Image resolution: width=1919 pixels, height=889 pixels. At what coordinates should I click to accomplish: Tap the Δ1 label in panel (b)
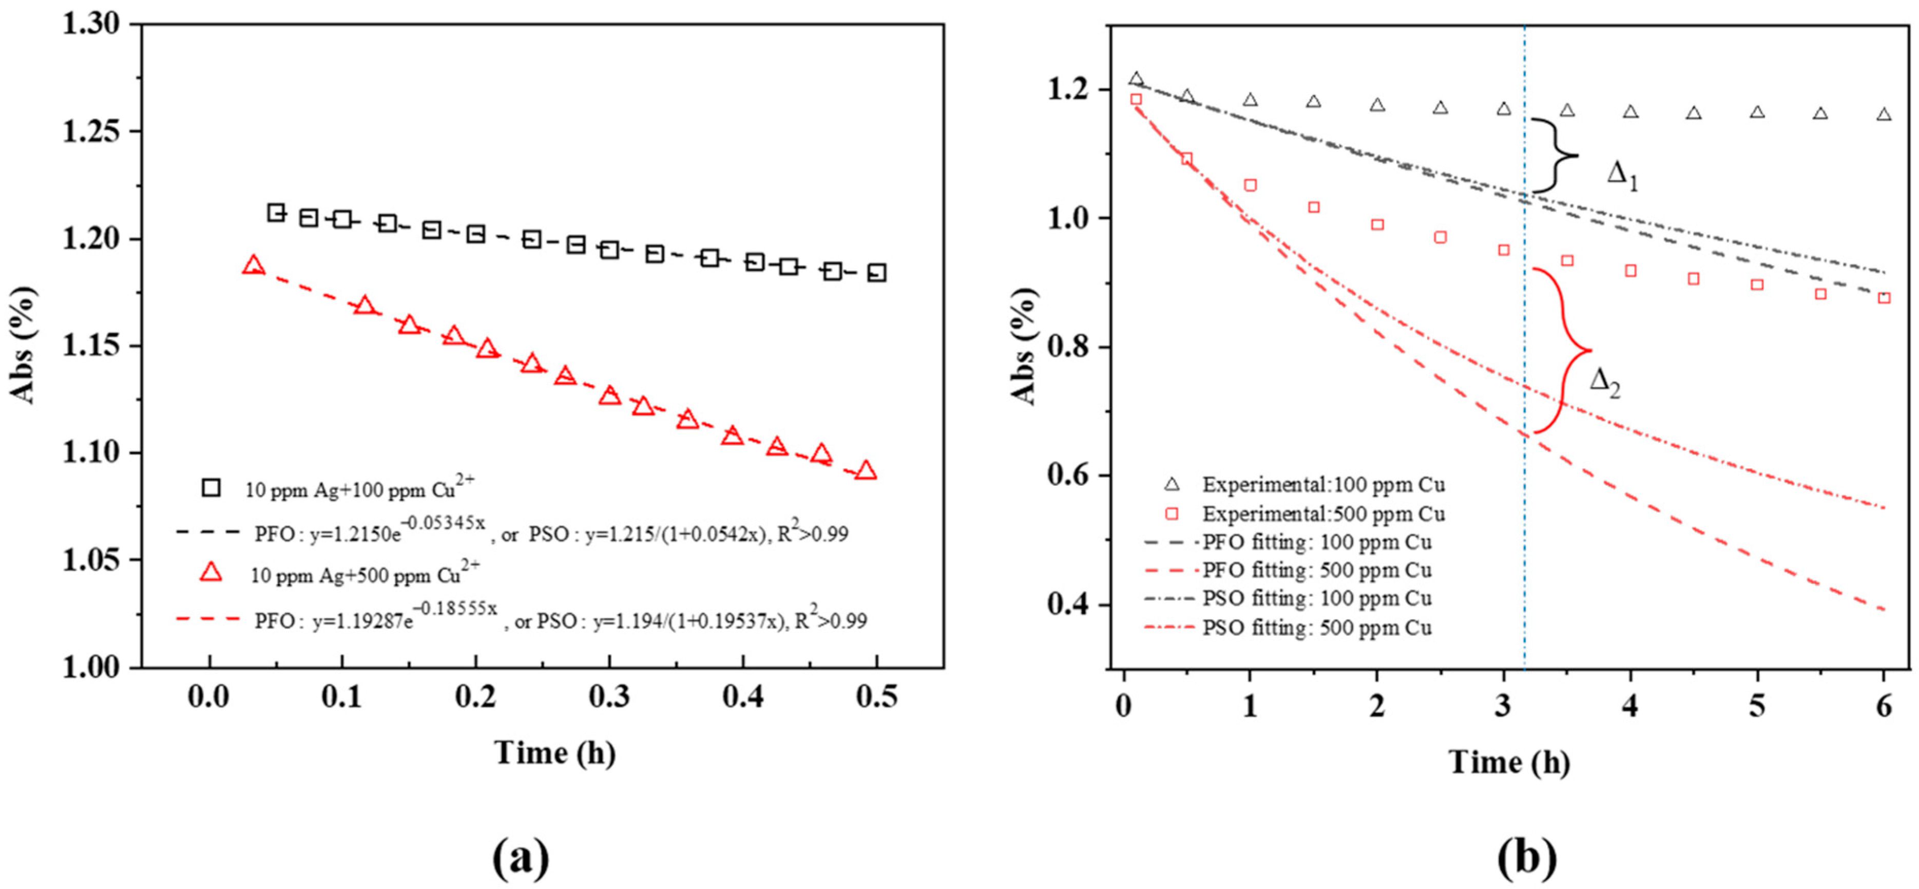[1622, 177]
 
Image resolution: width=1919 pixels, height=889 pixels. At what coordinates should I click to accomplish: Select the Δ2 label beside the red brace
[1605, 383]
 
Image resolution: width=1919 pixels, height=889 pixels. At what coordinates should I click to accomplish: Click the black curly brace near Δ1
[1554, 156]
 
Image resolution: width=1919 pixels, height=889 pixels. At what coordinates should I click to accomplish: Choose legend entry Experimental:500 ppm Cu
[1323, 514]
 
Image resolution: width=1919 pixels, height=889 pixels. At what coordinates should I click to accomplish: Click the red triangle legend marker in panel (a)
[212, 572]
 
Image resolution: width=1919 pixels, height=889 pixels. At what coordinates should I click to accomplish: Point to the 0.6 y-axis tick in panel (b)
[1073, 476]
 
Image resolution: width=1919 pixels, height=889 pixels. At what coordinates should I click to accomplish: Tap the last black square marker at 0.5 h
[877, 273]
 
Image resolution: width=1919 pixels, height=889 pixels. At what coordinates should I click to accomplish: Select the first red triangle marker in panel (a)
[253, 266]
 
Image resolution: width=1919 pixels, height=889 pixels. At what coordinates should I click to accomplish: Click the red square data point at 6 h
[1884, 297]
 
